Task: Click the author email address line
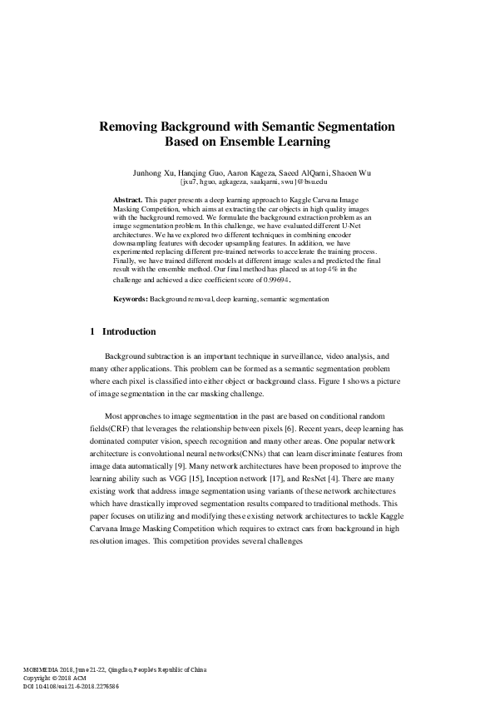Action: point(254,181)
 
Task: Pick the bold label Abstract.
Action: point(128,201)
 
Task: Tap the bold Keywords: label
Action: point(131,298)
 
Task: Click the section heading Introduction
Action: point(128,332)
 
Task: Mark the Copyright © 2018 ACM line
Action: point(55,678)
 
